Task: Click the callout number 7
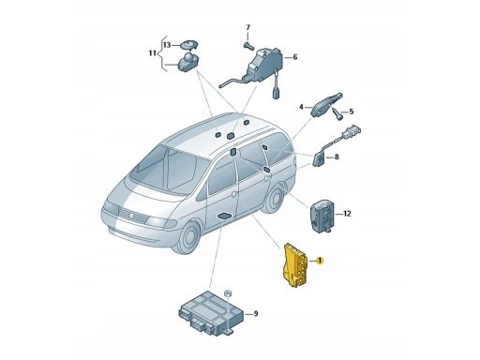pyautogui.click(x=247, y=27)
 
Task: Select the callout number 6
pyautogui.click(x=295, y=57)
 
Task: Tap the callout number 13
pyautogui.click(x=167, y=45)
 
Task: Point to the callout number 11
pyautogui.click(x=153, y=53)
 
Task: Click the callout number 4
pyautogui.click(x=301, y=107)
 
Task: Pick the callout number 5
pyautogui.click(x=352, y=112)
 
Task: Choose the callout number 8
pyautogui.click(x=337, y=157)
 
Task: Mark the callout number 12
pyautogui.click(x=347, y=214)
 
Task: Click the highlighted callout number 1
pyautogui.click(x=320, y=261)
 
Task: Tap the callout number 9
pyautogui.click(x=256, y=313)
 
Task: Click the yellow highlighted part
pyautogui.click(x=295, y=264)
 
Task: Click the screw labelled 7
pyautogui.click(x=249, y=46)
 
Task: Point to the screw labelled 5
pyautogui.click(x=337, y=112)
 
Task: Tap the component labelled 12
pyautogui.click(x=322, y=217)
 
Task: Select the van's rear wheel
pyautogui.click(x=274, y=198)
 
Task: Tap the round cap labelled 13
pyautogui.click(x=188, y=44)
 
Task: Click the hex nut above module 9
pyautogui.click(x=228, y=293)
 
